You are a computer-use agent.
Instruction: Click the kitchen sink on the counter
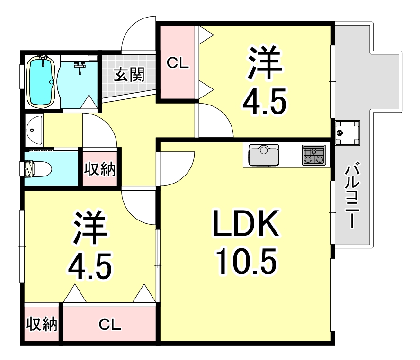click(x=263, y=155)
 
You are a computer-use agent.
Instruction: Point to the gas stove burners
click(x=314, y=155)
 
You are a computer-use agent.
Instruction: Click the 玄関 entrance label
click(x=129, y=75)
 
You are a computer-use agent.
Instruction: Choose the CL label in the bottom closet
click(x=110, y=325)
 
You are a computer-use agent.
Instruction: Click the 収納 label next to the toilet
click(x=100, y=169)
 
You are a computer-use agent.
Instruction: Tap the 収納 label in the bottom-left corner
click(x=41, y=325)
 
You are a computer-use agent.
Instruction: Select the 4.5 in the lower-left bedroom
click(x=90, y=265)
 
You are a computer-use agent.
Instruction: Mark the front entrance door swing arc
click(x=137, y=34)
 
